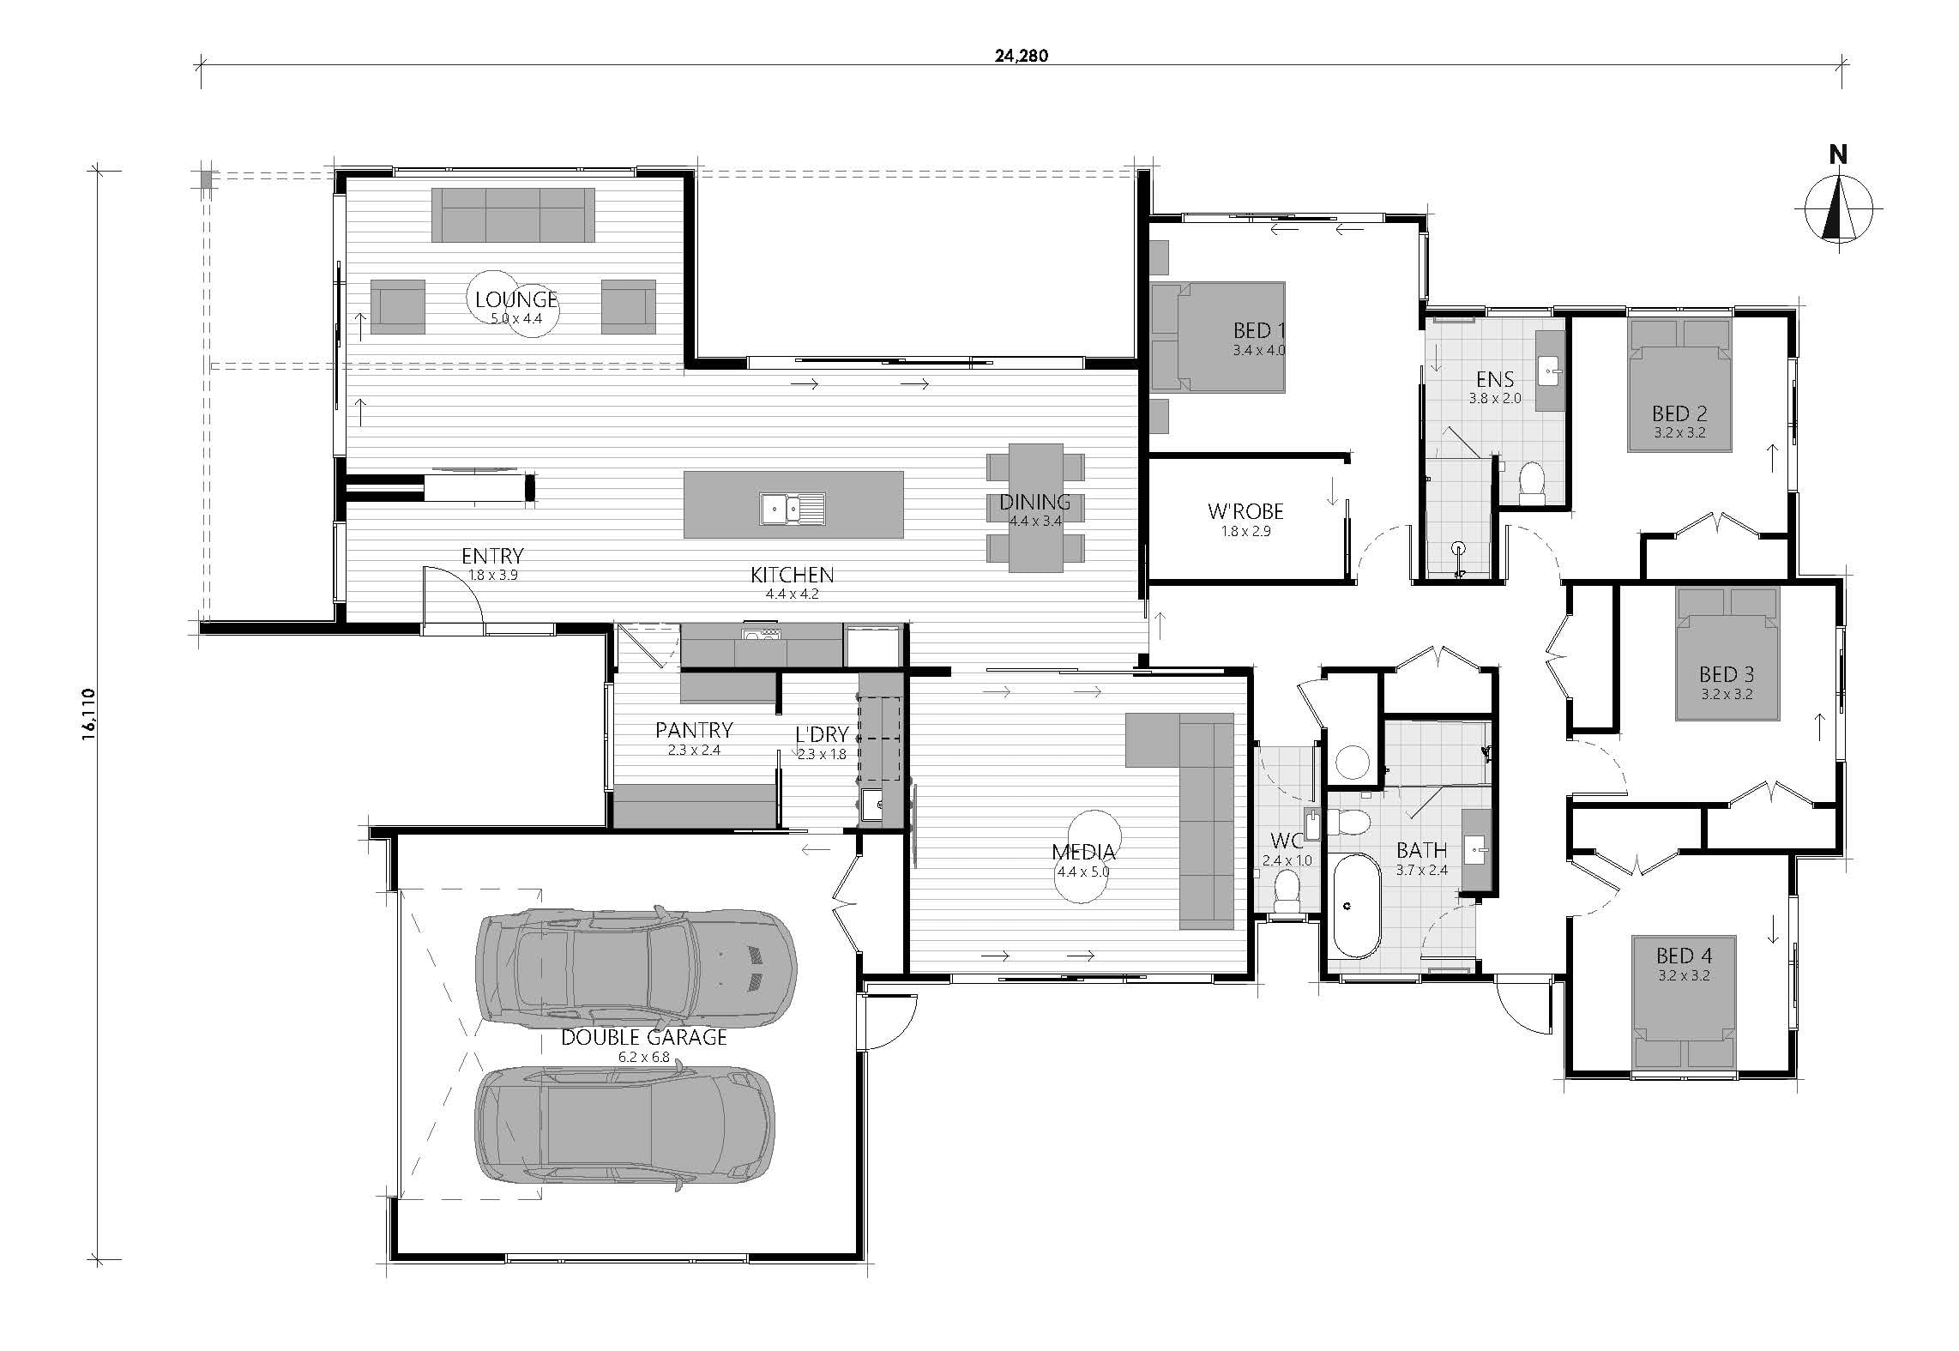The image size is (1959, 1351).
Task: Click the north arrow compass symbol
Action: coord(1837,207)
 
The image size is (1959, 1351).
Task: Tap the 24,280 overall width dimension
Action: coord(1022,57)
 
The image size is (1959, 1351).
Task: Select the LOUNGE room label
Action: coord(516,299)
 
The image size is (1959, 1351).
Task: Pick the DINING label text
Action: coord(1034,502)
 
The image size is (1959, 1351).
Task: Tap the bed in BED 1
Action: coord(1218,337)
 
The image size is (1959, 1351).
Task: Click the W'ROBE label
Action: coord(1245,511)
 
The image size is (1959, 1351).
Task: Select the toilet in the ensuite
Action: coord(1531,484)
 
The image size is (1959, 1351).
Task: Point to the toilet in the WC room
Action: coord(1287,892)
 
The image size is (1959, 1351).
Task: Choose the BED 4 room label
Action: coord(1684,956)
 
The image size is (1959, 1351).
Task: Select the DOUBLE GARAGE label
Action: coord(643,1037)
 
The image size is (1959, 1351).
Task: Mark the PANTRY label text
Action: coord(694,730)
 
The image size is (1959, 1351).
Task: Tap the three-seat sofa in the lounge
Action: coord(513,215)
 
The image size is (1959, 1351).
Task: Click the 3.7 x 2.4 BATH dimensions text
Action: coord(1421,870)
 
